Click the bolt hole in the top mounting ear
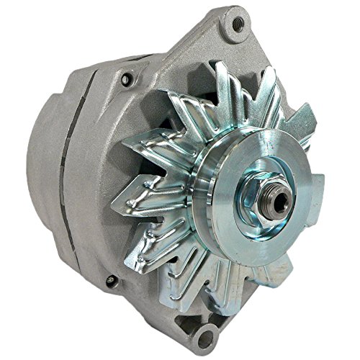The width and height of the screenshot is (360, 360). click(x=231, y=26)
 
